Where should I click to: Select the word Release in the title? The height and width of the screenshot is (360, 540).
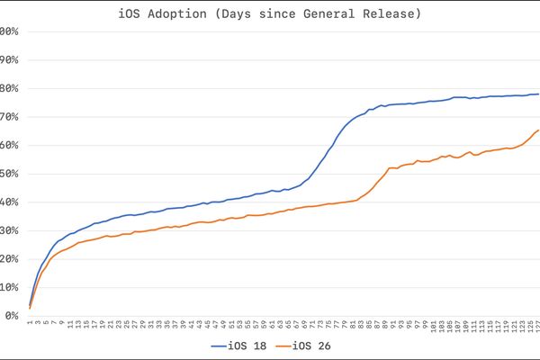tap(388, 13)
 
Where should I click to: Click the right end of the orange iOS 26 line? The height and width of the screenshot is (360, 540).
tap(538, 130)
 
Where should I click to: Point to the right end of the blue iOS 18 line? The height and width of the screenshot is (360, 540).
tap(538, 94)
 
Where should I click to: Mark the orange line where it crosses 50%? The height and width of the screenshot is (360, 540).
tap(385, 173)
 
